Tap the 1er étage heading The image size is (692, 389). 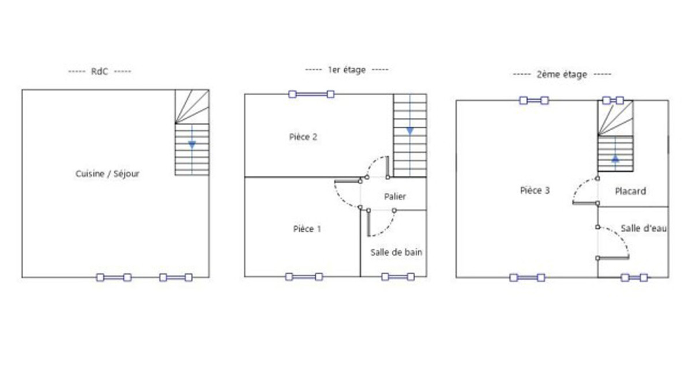(347, 70)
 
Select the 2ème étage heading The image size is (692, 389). (562, 74)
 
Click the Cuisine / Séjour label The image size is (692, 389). (107, 173)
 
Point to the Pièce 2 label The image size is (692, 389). (303, 137)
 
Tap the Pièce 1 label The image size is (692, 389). (307, 229)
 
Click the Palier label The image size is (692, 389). (395, 197)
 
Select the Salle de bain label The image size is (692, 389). (396, 252)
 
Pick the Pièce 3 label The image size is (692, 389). (535, 190)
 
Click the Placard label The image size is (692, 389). (630, 191)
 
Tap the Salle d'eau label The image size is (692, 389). (644, 229)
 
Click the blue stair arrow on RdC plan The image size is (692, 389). (192, 144)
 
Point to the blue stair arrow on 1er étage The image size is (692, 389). (409, 131)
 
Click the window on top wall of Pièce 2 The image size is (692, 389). (311, 94)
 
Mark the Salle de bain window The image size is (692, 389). (398, 277)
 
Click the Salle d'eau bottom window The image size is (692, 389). (634, 277)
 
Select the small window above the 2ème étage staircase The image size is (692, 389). (613, 100)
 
